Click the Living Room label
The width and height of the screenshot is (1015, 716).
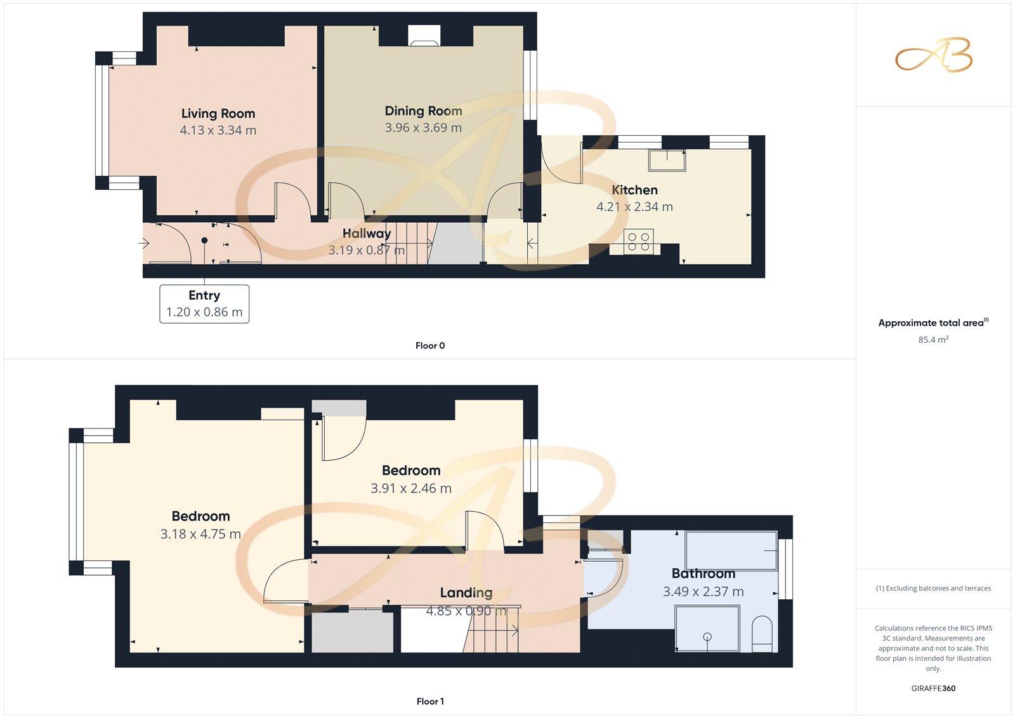pos(218,114)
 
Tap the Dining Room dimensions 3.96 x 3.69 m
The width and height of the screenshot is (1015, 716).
pos(423,128)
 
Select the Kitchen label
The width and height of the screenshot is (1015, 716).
pos(634,190)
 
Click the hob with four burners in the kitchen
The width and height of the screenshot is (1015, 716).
pos(638,242)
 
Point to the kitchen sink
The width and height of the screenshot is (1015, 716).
pos(667,160)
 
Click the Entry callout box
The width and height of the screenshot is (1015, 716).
pos(204,303)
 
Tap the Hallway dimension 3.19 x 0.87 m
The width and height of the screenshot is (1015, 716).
pos(366,250)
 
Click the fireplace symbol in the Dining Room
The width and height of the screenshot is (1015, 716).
pos(423,36)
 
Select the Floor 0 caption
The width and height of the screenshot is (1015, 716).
pos(430,346)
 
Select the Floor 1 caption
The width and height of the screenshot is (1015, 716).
pos(430,701)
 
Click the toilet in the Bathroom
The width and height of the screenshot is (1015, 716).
pos(761,635)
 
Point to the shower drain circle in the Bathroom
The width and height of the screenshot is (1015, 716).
pos(707,637)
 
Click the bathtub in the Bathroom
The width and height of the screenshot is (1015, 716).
pos(731,550)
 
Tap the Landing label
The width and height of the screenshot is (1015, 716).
pos(466,593)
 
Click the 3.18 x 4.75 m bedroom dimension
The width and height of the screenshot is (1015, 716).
pos(200,534)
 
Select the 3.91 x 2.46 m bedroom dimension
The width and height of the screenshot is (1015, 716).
pos(411,488)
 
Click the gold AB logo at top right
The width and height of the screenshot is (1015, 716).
pos(933,56)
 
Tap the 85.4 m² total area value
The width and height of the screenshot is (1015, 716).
pos(933,340)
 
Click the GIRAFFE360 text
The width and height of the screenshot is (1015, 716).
pos(933,688)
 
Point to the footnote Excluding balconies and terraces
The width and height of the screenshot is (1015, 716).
pos(933,588)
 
